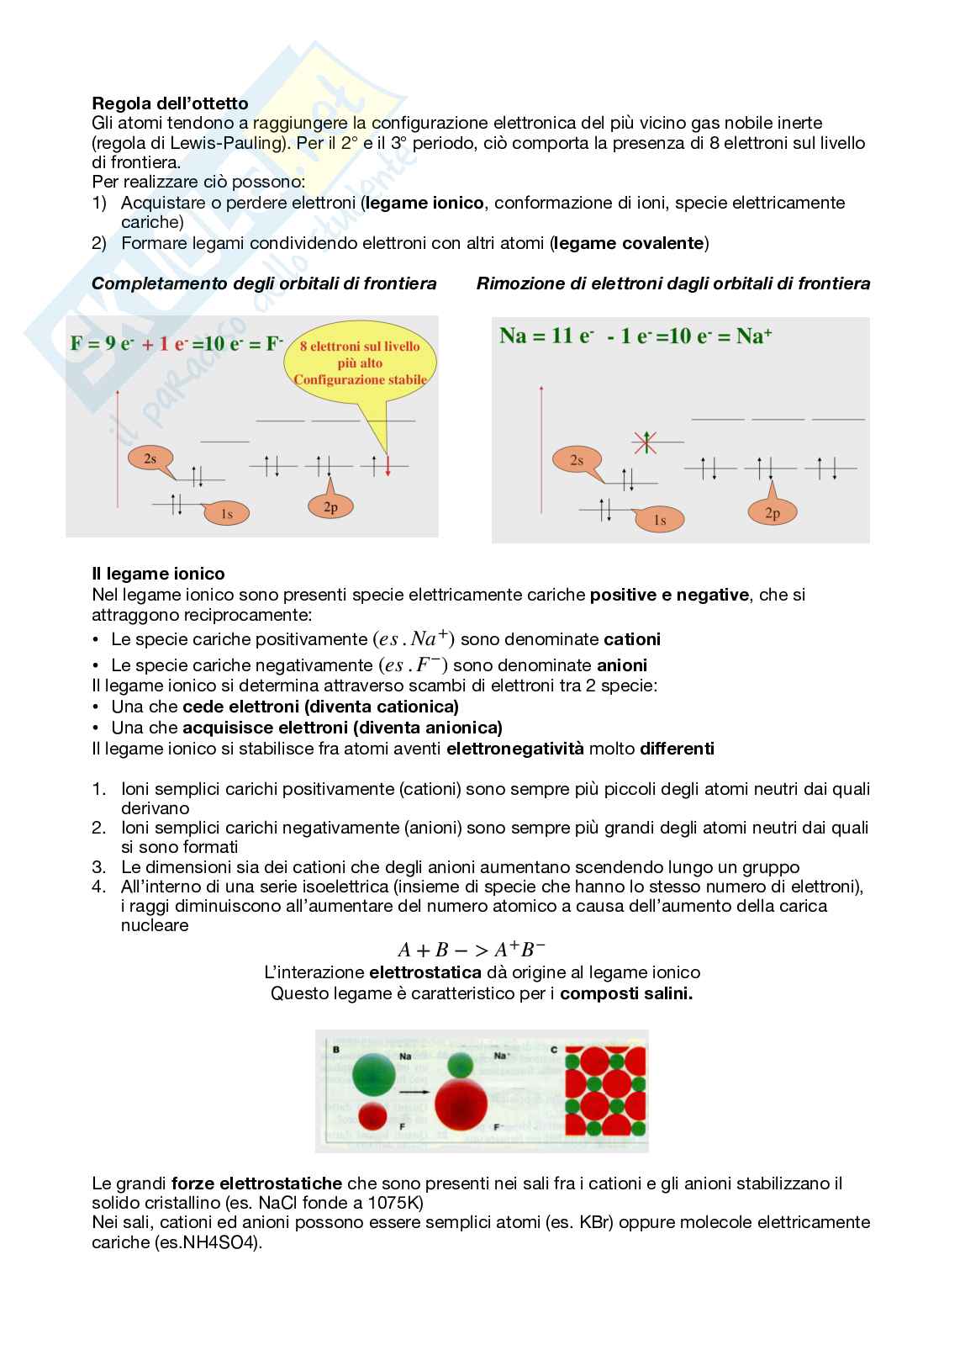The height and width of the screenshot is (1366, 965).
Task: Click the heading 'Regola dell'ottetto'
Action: [x=170, y=103]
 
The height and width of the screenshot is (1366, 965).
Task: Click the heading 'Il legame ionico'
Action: [x=158, y=574]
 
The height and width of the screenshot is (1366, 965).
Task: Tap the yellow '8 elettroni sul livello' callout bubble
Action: [x=360, y=362]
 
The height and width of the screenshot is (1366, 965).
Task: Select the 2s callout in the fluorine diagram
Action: [x=150, y=458]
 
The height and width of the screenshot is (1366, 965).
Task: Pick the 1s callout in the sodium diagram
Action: [x=660, y=521]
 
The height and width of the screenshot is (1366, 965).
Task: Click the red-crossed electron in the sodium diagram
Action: [x=645, y=442]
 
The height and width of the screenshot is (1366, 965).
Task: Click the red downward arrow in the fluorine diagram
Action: [x=388, y=465]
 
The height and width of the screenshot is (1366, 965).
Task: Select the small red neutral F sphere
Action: [x=372, y=1115]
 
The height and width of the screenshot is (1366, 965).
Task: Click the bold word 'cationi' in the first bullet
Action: [x=632, y=639]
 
